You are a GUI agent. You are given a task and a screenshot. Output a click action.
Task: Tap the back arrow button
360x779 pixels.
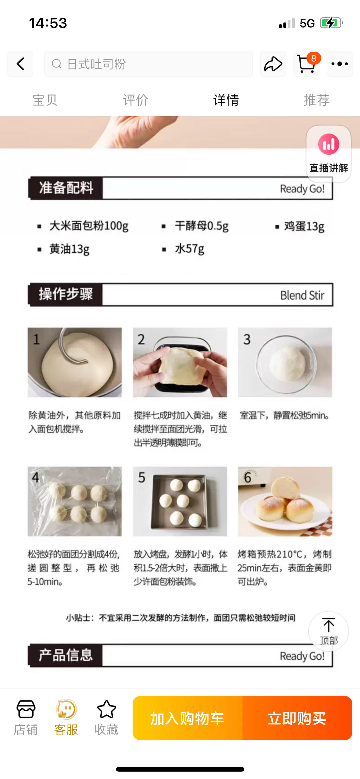(x=20, y=64)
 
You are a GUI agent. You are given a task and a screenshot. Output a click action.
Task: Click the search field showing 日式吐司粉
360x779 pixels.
(x=148, y=64)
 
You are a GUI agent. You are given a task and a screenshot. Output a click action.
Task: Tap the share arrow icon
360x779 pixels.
(x=273, y=64)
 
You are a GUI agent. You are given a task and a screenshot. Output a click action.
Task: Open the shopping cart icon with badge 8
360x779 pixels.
(x=306, y=64)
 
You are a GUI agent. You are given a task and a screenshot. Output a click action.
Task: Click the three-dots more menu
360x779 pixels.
(x=339, y=64)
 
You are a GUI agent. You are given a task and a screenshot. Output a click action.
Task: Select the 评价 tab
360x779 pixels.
(x=135, y=100)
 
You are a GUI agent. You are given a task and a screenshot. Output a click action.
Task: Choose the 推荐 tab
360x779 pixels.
(x=316, y=100)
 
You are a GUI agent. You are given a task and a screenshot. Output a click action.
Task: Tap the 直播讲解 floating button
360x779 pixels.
(x=328, y=154)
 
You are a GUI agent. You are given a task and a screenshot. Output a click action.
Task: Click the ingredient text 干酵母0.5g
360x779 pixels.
(x=201, y=226)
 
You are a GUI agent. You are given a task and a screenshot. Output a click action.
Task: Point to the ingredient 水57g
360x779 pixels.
(x=189, y=249)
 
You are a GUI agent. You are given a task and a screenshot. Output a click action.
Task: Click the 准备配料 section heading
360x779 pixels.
(x=66, y=188)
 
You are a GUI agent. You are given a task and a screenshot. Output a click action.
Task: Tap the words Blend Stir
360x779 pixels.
(x=302, y=295)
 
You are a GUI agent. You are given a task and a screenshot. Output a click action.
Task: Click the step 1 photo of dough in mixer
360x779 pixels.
(x=75, y=362)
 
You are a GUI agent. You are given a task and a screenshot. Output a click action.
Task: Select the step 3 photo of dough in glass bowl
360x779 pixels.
(x=285, y=362)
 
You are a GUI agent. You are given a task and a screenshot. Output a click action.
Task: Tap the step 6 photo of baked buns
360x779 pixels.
(x=285, y=501)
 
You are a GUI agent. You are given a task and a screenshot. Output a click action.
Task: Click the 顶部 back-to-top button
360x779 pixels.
(x=328, y=631)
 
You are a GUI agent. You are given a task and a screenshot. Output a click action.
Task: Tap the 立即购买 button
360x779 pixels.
(x=297, y=718)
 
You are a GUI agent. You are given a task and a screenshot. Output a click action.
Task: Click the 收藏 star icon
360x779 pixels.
(x=106, y=710)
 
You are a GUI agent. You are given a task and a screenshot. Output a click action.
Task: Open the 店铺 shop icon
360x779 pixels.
(x=26, y=710)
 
